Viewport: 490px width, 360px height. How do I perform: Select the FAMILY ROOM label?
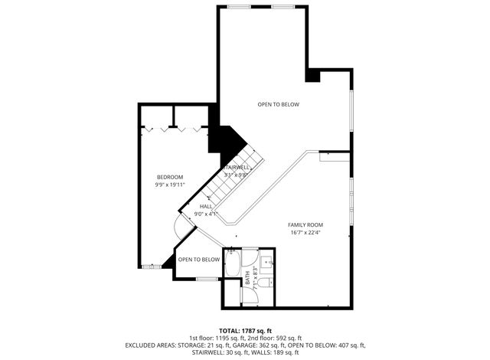point(304,224)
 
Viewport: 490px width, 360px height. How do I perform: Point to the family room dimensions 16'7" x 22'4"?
point(304,232)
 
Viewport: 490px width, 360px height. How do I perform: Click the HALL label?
point(206,207)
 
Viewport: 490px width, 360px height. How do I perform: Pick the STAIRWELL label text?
point(236,168)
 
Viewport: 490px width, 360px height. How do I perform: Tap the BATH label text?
point(247,276)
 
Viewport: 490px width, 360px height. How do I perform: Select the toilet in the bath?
point(263,283)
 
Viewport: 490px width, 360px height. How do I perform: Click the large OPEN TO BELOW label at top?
point(278,104)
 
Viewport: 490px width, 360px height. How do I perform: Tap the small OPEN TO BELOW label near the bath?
point(199,260)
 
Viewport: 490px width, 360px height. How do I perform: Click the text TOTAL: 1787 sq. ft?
point(245,329)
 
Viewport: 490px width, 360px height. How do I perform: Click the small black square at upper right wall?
point(313,75)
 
